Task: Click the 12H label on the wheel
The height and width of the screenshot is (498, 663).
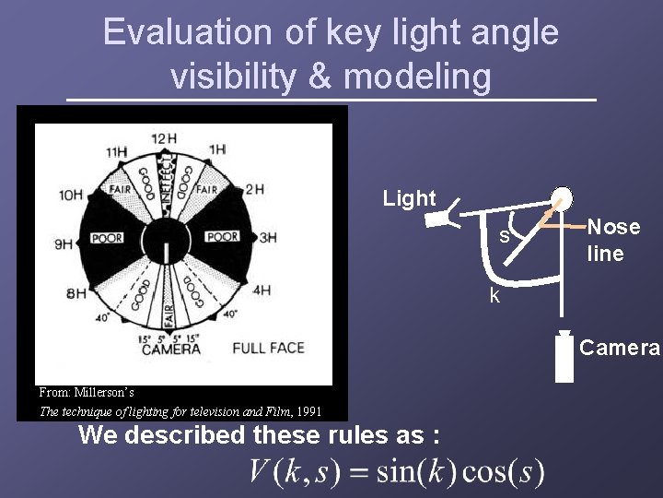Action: coord(165,139)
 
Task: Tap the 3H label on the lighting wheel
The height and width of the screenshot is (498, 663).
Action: coord(268,237)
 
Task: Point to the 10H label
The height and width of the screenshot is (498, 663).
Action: coord(70,195)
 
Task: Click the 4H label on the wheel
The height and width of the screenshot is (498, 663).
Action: coord(262,290)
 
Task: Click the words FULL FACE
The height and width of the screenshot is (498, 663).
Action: coord(268,349)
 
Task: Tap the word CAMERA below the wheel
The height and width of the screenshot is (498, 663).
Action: coord(171,350)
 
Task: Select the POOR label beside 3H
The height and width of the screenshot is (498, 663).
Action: coord(223,237)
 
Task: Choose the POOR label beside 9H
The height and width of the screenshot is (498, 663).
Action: coord(107,238)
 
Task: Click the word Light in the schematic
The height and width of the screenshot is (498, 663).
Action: coord(409,198)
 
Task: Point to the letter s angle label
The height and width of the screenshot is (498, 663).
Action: coord(505,236)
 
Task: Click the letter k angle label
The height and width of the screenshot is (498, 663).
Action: coord(494,296)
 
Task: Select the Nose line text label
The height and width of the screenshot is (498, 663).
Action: coord(613,240)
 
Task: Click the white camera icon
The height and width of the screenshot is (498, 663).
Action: coord(564,358)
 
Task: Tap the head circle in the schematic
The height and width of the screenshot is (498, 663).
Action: coord(560,201)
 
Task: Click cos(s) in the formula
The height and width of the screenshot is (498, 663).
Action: coord(503,472)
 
